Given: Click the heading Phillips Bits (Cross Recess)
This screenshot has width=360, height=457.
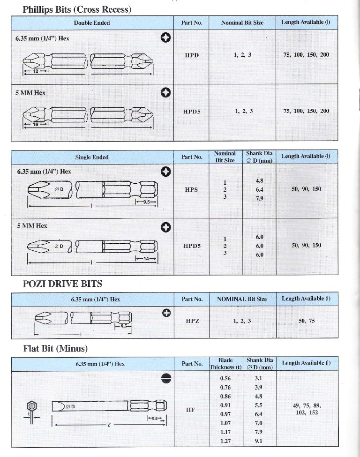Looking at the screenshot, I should pyautogui.click(x=77, y=9).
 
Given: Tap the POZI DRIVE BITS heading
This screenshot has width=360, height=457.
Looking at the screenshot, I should pyautogui.click(x=62, y=283).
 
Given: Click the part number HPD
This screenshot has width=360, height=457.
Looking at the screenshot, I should pyautogui.click(x=192, y=55).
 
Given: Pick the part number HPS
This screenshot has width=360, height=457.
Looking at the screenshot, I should pyautogui.click(x=192, y=189).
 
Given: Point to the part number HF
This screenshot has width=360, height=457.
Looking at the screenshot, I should pyautogui.click(x=191, y=409).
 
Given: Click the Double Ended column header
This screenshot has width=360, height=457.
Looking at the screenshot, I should pyautogui.click(x=92, y=22).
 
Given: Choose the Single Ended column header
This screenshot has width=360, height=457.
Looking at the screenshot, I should pyautogui.click(x=92, y=157).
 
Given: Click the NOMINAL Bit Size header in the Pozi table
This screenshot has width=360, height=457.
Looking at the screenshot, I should pyautogui.click(x=242, y=299).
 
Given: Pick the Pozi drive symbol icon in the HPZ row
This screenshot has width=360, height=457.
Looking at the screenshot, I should pyautogui.click(x=165, y=312).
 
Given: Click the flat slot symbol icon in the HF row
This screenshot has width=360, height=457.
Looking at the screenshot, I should pyautogui.click(x=165, y=379).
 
